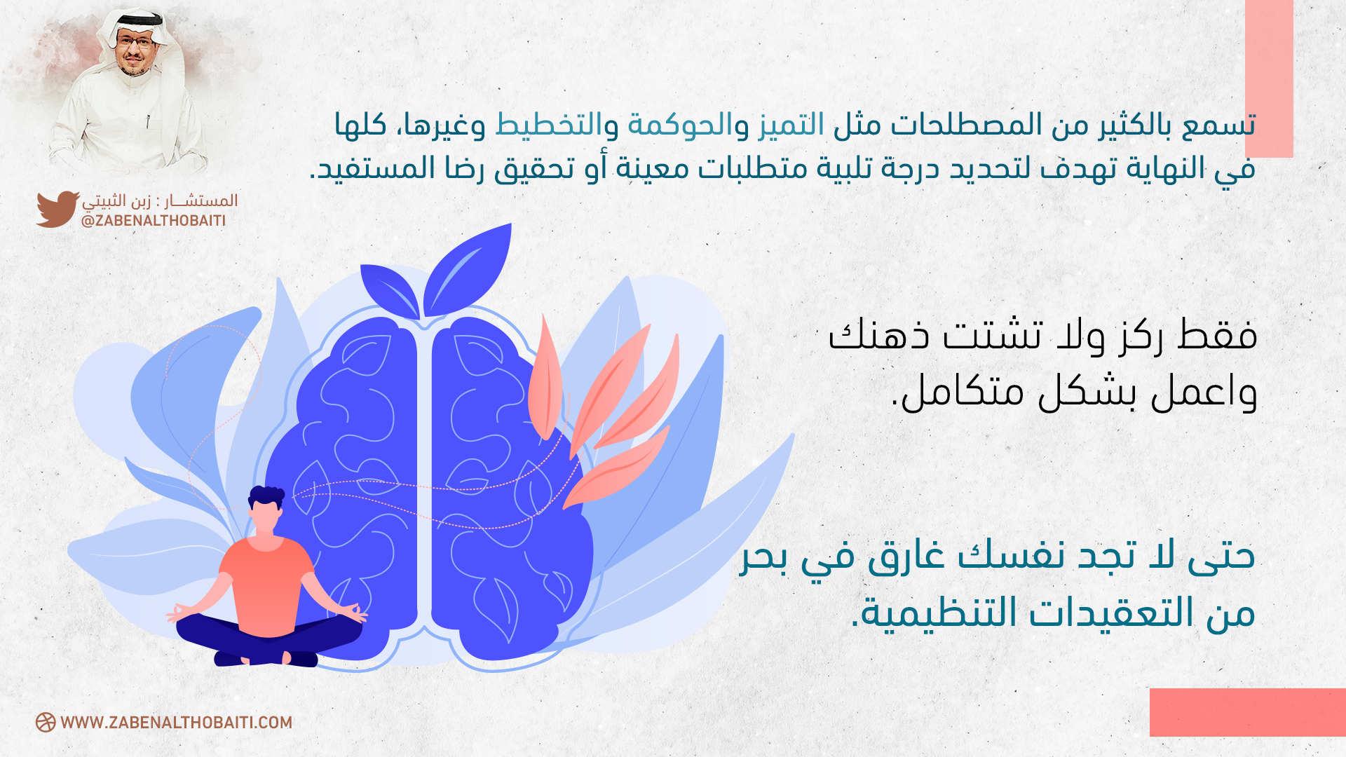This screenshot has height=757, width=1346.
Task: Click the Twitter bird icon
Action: (x=57, y=209)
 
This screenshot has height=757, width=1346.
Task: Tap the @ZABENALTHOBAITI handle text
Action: (x=154, y=221)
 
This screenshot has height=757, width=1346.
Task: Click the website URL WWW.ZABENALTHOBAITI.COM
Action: (x=177, y=723)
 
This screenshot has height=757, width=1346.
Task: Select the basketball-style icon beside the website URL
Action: (x=46, y=723)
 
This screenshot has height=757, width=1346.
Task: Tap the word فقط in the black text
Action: (x=1219, y=334)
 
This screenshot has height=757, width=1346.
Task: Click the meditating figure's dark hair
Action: (x=266, y=496)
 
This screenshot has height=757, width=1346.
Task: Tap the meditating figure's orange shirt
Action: (x=267, y=586)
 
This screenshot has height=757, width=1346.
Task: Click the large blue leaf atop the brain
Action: (x=468, y=270)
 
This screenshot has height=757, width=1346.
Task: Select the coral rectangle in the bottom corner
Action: (x=1248, y=712)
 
